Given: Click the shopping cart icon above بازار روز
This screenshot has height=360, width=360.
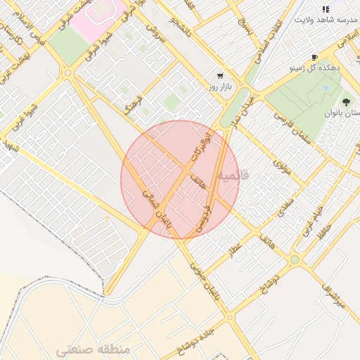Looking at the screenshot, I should click(x=220, y=76).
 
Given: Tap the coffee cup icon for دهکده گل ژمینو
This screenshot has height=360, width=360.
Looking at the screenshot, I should click(x=314, y=58).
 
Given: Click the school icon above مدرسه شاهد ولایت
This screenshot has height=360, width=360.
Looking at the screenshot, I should click(x=325, y=9).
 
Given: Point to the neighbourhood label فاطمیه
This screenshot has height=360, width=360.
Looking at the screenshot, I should click(x=233, y=173).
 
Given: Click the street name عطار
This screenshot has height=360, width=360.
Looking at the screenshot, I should click(x=234, y=248).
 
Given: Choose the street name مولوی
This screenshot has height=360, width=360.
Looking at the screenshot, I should click(x=282, y=167).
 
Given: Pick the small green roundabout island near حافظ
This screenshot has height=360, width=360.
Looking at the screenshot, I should click(x=295, y=259).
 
